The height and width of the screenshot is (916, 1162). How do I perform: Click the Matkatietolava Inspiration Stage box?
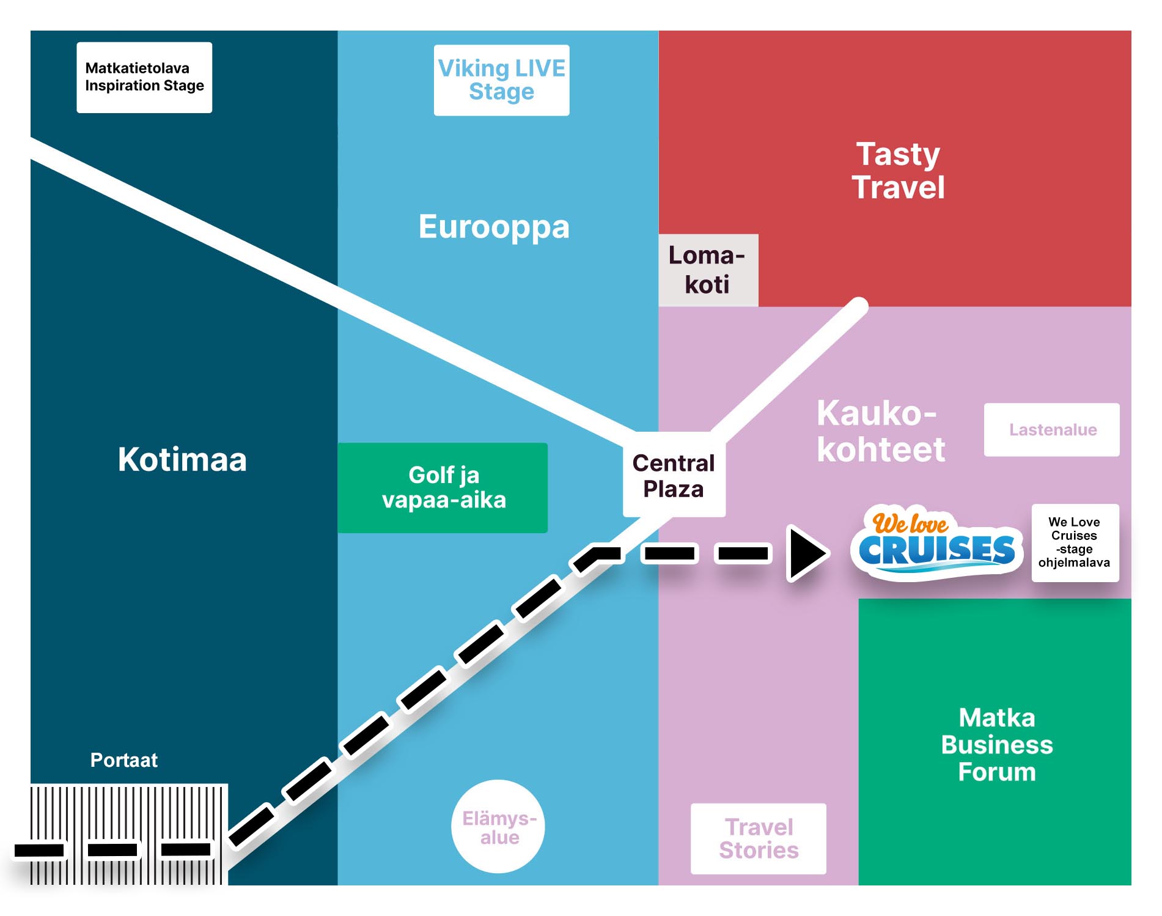point(144,77)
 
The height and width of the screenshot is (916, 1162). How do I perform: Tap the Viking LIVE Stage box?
point(501,80)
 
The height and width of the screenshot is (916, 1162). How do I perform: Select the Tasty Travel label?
point(898,171)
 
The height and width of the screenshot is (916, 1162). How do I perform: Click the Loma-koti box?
point(708,270)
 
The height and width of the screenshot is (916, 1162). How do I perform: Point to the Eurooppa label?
point(494,227)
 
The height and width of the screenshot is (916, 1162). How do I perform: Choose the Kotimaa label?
point(182,459)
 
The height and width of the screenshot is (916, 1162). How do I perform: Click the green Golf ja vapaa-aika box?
point(443,487)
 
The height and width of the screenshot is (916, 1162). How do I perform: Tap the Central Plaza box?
point(674,475)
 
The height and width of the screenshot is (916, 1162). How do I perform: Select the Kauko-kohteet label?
point(880,431)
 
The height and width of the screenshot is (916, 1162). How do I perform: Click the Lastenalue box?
point(1052,430)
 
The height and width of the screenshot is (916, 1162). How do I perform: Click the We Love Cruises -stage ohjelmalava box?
point(1075,542)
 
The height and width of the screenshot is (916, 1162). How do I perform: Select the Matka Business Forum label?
point(996,744)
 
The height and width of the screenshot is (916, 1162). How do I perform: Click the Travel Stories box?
point(758,838)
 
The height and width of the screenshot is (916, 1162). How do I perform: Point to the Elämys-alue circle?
point(499,827)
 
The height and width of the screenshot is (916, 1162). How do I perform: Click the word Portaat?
point(124,760)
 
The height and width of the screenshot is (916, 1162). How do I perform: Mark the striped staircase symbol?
point(129,834)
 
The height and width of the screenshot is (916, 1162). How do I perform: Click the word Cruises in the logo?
point(936,550)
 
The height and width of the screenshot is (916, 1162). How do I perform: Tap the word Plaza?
point(674,489)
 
